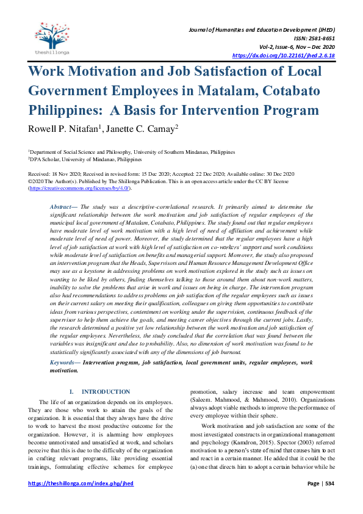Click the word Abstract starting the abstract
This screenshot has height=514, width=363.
(x=63, y=207)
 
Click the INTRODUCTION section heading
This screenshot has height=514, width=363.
(x=106, y=392)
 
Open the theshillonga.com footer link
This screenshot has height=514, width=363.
(x=81, y=483)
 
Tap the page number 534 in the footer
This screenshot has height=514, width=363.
(x=328, y=483)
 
